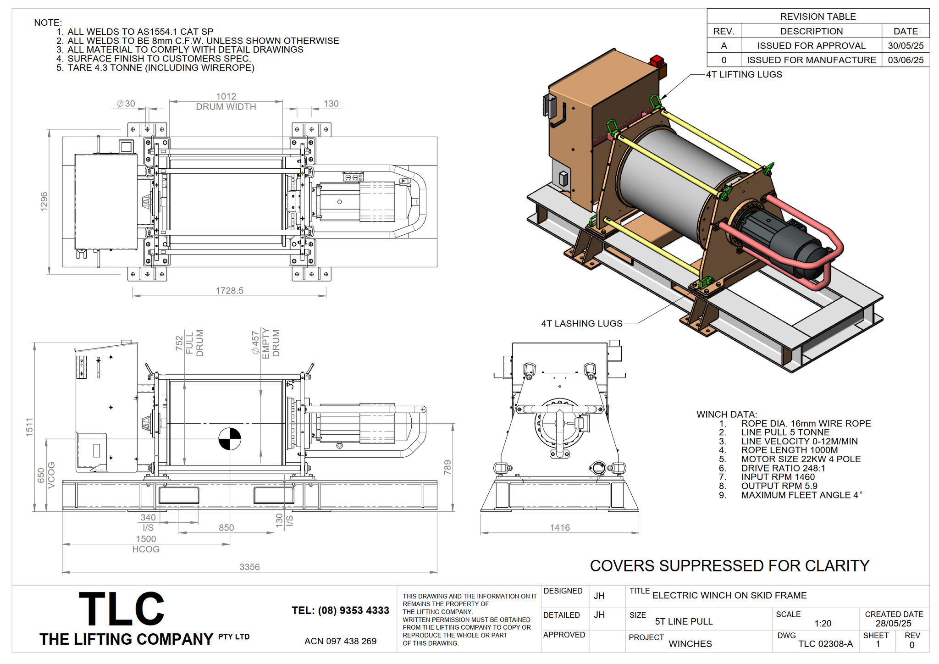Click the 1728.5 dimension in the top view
pyautogui.click(x=229, y=291)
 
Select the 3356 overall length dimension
pyautogui.click(x=249, y=567)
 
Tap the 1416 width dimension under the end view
pyautogui.click(x=560, y=528)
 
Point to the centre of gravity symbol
pyautogui.click(x=229, y=439)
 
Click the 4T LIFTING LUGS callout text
pyautogui.click(x=744, y=74)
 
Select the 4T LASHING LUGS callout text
pyautogui.click(x=581, y=323)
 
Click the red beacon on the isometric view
pyautogui.click(x=657, y=61)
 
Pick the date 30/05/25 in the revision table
pyautogui.click(x=906, y=46)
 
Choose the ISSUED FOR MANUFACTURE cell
pyautogui.click(x=811, y=60)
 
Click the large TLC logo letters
pyautogui.click(x=122, y=609)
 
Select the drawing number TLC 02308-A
pyautogui.click(x=825, y=644)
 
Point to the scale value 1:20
pyautogui.click(x=823, y=623)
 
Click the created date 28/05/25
pyautogui.click(x=893, y=623)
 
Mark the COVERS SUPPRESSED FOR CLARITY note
pyautogui.click(x=729, y=566)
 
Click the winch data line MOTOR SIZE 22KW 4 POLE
pyautogui.click(x=801, y=459)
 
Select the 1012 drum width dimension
pyautogui.click(x=226, y=96)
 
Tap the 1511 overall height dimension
pyautogui.click(x=29, y=427)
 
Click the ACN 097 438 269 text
pyautogui.click(x=340, y=641)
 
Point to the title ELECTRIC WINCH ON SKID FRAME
pyautogui.click(x=729, y=595)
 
